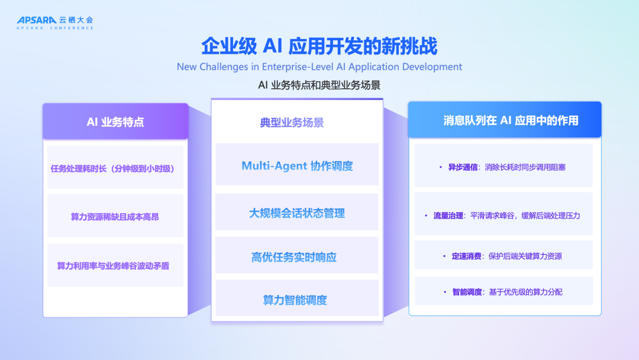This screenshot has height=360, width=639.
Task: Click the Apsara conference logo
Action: point(54,22)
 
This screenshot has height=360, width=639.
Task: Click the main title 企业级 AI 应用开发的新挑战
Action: point(319,46)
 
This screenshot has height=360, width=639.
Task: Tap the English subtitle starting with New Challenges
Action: point(319,66)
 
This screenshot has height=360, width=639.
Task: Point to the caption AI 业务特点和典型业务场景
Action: point(319,85)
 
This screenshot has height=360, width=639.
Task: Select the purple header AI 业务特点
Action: point(115,122)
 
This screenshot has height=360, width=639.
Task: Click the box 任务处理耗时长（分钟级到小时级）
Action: point(115,168)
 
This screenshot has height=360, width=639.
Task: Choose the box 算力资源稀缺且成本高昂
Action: point(115,217)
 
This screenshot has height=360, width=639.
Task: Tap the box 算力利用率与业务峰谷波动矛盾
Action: point(115,266)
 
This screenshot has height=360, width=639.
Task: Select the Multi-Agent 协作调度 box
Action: point(297,165)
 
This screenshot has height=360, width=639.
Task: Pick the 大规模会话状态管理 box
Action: point(297,213)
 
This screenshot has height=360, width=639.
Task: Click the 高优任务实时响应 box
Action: point(297,256)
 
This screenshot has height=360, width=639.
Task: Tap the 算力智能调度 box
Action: point(297,300)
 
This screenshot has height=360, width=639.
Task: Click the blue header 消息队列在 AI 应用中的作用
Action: point(505,121)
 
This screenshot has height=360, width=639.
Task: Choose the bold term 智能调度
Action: point(467,292)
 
